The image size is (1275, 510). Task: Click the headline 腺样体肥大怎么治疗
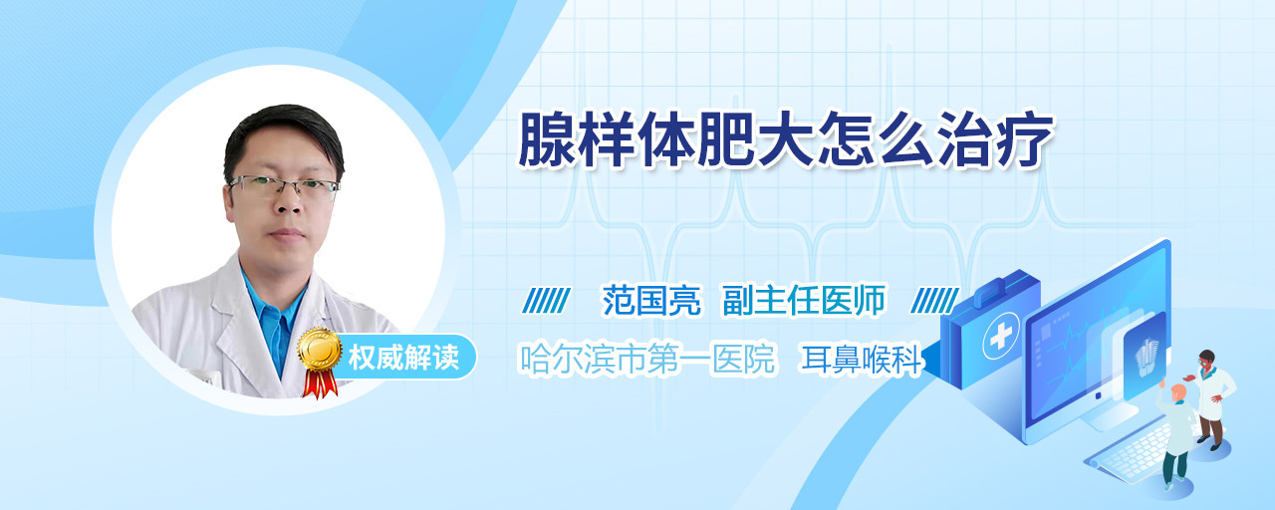pyautogui.click(x=787, y=140)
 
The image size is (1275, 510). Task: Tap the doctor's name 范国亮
pyautogui.click(x=651, y=300)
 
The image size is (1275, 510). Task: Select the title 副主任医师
pyautogui.click(x=804, y=300)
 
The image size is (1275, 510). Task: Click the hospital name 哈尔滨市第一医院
pyautogui.click(x=648, y=359)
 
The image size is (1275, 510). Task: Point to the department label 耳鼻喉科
pyautogui.click(x=862, y=360)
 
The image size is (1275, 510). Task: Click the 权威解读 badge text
pyautogui.click(x=403, y=358)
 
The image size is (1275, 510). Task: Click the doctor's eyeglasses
pyautogui.click(x=283, y=186)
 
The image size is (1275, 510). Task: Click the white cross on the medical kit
pyautogui.click(x=1001, y=337)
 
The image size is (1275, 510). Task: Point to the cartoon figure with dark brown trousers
pyautogui.click(x=1211, y=398)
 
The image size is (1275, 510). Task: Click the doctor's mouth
pyautogui.click(x=287, y=234)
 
